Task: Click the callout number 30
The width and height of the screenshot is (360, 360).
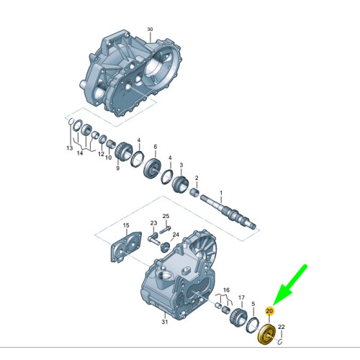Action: pyautogui.click(x=150, y=30)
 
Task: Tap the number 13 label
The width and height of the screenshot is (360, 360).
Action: pyautogui.click(x=70, y=148)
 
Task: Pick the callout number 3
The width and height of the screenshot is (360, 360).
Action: pyautogui.click(x=181, y=164)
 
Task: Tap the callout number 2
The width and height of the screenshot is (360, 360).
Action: pyautogui.click(x=197, y=178)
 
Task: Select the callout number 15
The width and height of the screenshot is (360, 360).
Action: pyautogui.click(x=126, y=225)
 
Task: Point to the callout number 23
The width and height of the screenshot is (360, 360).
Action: pyautogui.click(x=153, y=223)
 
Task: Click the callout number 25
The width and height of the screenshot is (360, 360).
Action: pyautogui.click(x=165, y=217)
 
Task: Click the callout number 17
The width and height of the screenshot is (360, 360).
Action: pyautogui.click(x=242, y=297)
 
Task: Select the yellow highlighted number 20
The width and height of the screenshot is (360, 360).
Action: pyautogui.click(x=269, y=311)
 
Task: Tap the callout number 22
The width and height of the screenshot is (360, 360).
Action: pyautogui.click(x=282, y=328)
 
